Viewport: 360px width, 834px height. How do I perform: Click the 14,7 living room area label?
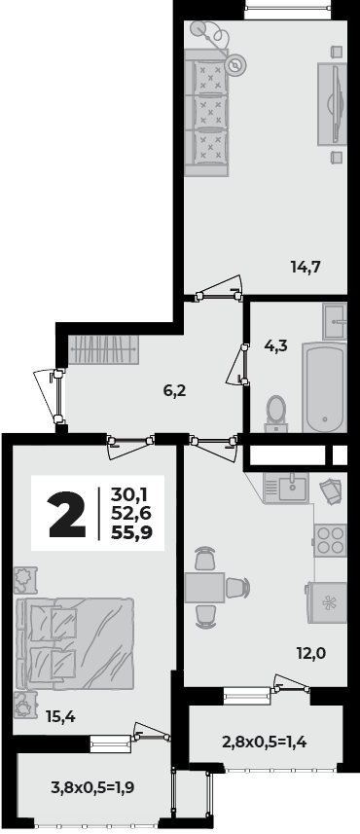pos(306,264)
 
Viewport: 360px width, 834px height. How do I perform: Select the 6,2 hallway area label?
pos(174,391)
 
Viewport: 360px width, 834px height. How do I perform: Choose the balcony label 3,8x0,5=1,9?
pos(92,787)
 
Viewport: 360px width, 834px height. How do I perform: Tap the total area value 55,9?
pos(137,531)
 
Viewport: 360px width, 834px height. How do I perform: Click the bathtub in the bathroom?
pos(323,387)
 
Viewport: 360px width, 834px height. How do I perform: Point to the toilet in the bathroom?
pos(276,412)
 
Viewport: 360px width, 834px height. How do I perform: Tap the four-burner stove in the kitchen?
pos(330,539)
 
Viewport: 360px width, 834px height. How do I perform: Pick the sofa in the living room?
pos(208,105)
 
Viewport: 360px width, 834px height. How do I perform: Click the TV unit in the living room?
pos(334,102)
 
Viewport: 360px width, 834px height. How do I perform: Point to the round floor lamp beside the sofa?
pos(235,65)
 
